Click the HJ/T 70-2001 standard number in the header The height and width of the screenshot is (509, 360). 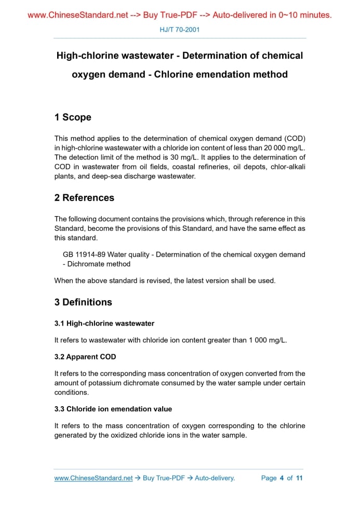pos(179,30)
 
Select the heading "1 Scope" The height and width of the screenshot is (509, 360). pos(73,117)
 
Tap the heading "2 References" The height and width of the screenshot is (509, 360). pos(84,198)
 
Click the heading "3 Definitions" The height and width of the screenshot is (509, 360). pos(83,302)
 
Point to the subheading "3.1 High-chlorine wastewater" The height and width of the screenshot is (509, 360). pos(104,324)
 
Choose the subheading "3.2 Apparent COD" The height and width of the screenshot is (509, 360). pos(85,357)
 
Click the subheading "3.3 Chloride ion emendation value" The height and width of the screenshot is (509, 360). pos(113,409)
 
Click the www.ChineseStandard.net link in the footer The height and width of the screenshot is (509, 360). pos(94,478)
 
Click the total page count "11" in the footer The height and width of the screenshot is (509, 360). pos(299,478)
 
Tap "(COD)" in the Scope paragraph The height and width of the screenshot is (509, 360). pos(295,139)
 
